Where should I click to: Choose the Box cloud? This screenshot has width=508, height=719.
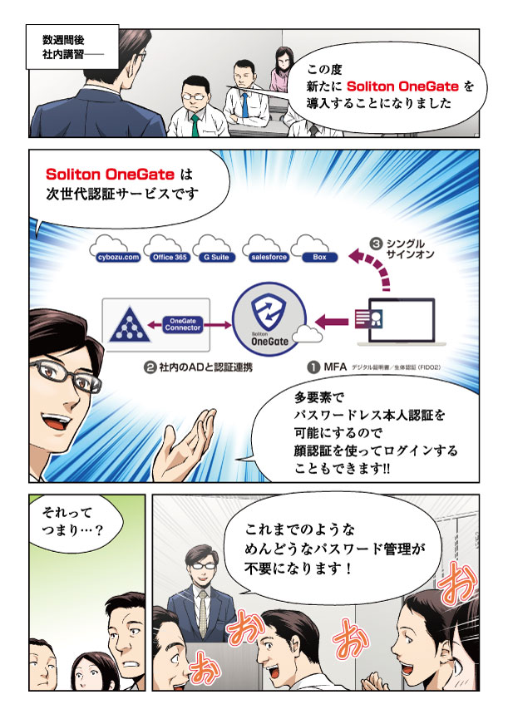[x=319, y=256]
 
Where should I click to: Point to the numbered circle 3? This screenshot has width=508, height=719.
[x=376, y=244]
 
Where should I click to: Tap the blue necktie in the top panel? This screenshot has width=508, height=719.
[x=246, y=103]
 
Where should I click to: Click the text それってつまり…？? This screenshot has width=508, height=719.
[x=72, y=525]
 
